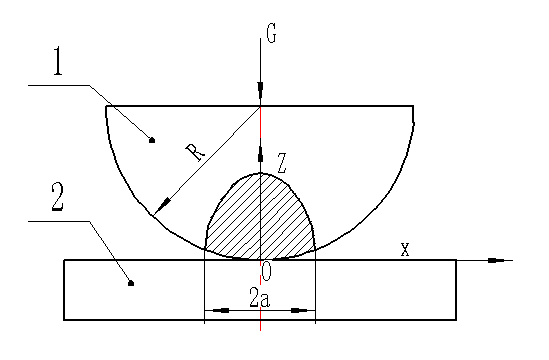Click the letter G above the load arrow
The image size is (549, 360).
(x=271, y=35)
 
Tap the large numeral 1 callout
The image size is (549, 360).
(x=58, y=61)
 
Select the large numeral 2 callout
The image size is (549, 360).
(x=58, y=197)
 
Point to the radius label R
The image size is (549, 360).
(x=195, y=153)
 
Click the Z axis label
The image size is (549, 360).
(x=282, y=163)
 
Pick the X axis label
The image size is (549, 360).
(x=405, y=250)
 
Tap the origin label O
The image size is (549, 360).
(x=266, y=272)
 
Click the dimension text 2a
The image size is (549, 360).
(x=259, y=297)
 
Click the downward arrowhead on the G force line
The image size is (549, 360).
(x=260, y=90)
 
